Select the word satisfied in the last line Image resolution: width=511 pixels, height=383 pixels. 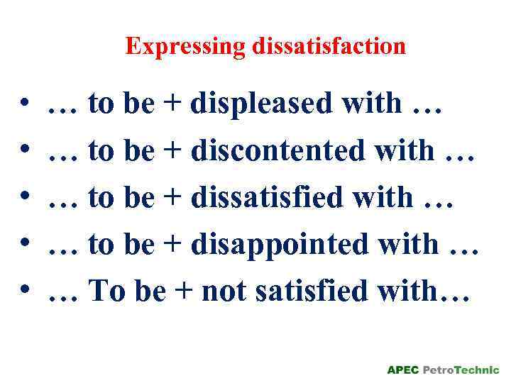click(x=297, y=291)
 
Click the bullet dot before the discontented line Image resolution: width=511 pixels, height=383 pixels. click(x=25, y=152)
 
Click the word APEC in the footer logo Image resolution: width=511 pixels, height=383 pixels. click(x=402, y=370)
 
